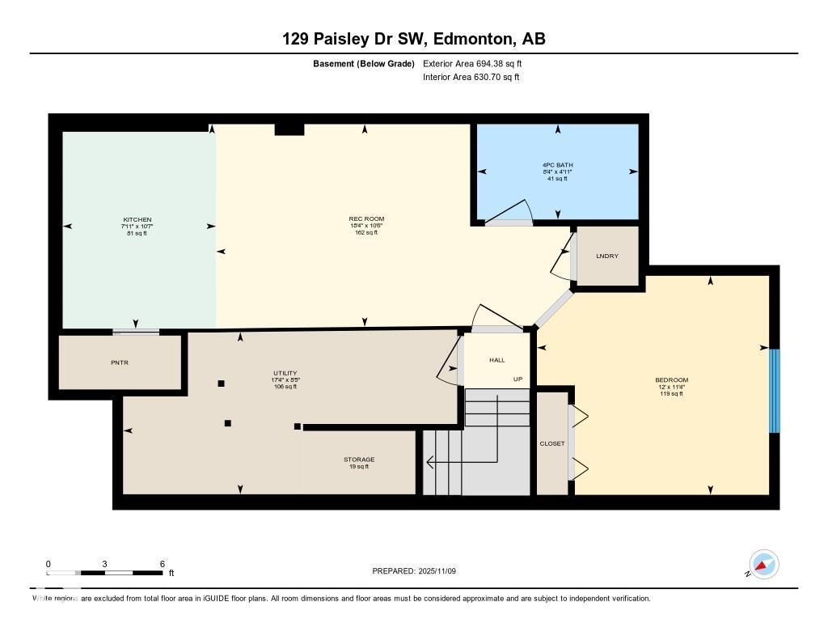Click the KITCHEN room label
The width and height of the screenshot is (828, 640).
(137, 220)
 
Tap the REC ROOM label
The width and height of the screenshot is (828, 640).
(366, 218)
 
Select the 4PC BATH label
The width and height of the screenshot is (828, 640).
(557, 165)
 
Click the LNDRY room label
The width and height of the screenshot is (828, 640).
(607, 256)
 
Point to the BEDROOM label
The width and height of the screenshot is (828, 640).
(671, 380)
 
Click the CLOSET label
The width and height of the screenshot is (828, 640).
(552, 443)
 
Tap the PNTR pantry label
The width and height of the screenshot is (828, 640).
(120, 362)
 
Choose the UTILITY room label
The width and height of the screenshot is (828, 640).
(285, 373)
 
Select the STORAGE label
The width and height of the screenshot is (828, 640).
(359, 460)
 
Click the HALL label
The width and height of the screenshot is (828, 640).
(497, 360)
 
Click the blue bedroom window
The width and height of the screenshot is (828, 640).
(774, 391)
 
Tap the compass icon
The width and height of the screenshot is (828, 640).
(763, 564)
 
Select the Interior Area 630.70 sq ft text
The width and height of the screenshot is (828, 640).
(471, 78)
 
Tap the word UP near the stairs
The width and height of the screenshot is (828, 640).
(518, 379)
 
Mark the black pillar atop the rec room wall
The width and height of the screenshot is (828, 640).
(289, 129)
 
